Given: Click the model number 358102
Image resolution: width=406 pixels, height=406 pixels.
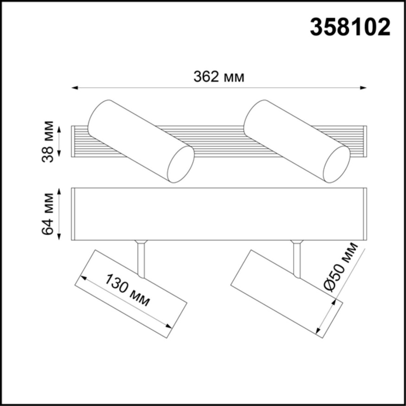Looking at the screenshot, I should tap(350, 28).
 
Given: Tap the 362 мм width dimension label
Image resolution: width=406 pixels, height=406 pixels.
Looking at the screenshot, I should tap(219, 77).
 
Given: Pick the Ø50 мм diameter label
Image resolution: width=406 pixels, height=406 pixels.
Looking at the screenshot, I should tap(341, 266).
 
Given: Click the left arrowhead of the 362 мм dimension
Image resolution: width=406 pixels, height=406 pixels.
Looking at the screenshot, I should tap(74, 87).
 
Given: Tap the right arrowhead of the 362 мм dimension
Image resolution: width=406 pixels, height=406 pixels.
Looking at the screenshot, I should tap(364, 87).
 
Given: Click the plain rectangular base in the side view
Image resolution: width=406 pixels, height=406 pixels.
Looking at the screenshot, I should tap(219, 214).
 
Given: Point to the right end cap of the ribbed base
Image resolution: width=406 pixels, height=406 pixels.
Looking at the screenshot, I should tap(366, 142).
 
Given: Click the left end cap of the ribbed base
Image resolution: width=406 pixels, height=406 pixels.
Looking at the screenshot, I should tap(72, 142).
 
